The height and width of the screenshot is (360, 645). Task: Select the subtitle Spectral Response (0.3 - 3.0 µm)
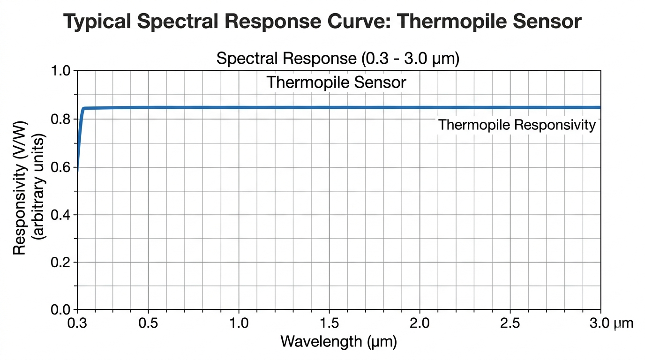click(337, 59)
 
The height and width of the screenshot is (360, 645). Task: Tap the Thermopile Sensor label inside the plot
click(336, 82)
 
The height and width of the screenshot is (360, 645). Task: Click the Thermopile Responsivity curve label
click(517, 125)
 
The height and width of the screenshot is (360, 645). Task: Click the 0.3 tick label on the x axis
click(77, 323)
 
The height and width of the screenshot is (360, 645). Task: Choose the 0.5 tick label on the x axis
click(149, 323)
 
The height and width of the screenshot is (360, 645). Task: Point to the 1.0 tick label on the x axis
click(239, 323)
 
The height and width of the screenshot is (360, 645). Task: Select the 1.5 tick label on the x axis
click(330, 323)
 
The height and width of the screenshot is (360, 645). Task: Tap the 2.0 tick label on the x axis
click(420, 323)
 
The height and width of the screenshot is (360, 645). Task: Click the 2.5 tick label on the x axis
click(510, 323)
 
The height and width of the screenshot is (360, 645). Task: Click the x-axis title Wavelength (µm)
click(338, 341)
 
